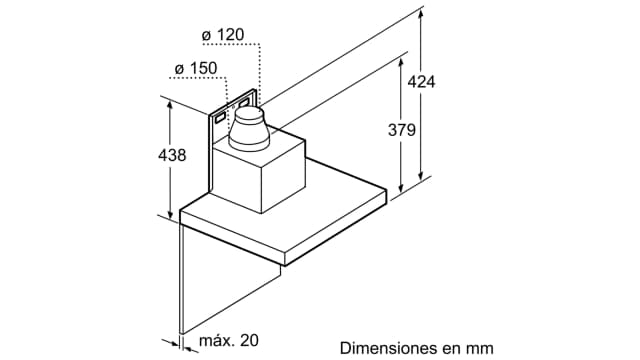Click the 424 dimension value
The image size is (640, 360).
pos(422,82)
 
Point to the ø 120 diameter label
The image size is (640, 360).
pos(223,36)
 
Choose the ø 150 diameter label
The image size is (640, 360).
pos(195,68)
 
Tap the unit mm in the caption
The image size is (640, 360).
pos(482,348)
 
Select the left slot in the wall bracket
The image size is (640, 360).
pos(218,118)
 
